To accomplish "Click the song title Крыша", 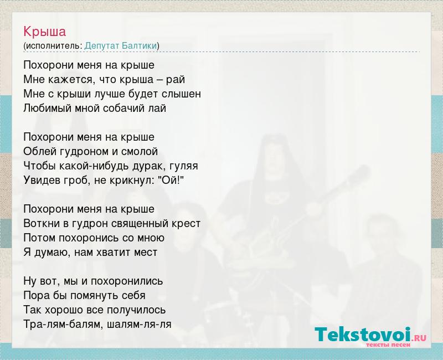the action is [x=45, y=32].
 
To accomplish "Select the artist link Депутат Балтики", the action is [x=121, y=46].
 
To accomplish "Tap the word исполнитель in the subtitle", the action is [x=53, y=46].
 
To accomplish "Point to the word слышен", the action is [x=181, y=94].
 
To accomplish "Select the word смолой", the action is [x=140, y=152].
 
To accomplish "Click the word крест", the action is [x=185, y=224].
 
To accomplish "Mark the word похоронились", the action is [x=127, y=281].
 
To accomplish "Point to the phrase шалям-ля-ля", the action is [x=140, y=324].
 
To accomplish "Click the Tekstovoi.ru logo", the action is [x=370, y=336].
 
